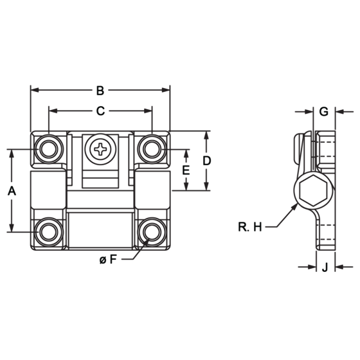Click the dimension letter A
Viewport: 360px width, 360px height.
pos(12,191)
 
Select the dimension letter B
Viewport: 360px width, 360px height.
pos(100,91)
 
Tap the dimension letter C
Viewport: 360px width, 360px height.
pos(100,111)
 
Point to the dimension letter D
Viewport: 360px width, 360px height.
pos(206,161)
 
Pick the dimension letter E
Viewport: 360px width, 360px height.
pos(186,170)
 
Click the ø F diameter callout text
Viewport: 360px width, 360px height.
pos(108,260)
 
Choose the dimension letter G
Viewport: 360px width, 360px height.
pos(324,112)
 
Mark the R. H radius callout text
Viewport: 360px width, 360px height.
pos(250,227)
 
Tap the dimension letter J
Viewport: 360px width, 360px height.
pos(325,267)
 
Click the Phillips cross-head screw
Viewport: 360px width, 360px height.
pos(100,149)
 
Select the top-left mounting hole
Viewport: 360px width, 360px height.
pos(49,149)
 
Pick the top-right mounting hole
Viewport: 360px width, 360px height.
pos(152,149)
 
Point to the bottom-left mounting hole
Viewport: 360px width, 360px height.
pos(49,231)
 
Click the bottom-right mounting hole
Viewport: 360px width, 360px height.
pos(152,231)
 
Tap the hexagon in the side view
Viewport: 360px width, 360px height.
pos(314,190)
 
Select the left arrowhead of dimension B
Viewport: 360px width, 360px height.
pos(35,90)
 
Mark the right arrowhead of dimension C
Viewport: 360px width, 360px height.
pos(148,111)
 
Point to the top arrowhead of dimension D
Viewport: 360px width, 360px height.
pos(206,135)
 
